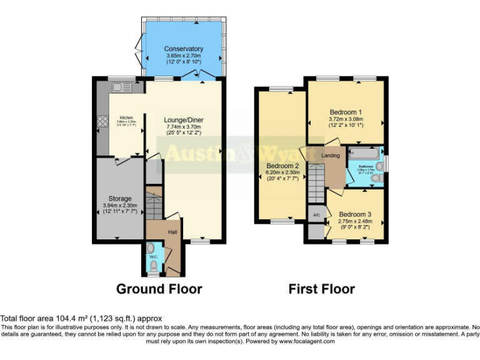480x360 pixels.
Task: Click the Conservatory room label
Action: [184, 49]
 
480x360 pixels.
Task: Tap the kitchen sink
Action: [119, 87]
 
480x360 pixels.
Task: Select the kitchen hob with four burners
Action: [102, 122]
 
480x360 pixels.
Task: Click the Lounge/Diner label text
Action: [184, 121]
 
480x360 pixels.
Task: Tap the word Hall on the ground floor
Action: [173, 232]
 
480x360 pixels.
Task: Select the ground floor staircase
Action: [154, 202]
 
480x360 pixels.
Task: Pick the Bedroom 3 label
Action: [356, 214]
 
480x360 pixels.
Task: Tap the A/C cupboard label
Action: [316, 215]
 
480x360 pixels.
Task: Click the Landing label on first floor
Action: [331, 155]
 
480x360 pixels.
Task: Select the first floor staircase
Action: [316, 181]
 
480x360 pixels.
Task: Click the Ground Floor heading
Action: [159, 289]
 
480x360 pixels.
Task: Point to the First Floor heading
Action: [321, 289]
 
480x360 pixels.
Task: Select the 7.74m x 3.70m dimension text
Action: [184, 127]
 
